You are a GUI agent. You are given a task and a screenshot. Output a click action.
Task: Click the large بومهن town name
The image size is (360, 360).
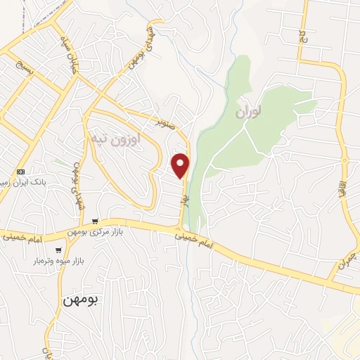pos(82,300)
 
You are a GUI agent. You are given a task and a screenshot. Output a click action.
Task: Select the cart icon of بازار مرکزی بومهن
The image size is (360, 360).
pos(105,220)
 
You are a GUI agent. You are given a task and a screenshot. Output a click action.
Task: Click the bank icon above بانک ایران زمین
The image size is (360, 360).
pos(20,171)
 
